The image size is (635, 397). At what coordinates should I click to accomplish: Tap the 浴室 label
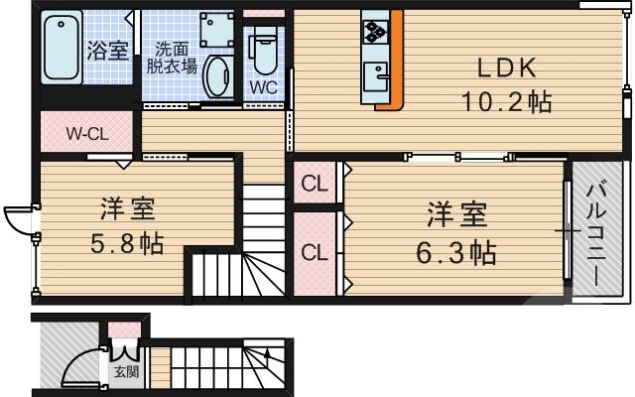point(108,51)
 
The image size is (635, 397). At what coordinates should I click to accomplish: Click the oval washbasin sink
point(217,74)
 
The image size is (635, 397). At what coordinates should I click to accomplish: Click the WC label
point(263,86)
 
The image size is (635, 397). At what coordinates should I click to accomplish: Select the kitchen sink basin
point(376,75)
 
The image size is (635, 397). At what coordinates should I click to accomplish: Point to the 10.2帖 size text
point(506,101)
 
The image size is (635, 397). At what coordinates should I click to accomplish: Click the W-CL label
point(87,132)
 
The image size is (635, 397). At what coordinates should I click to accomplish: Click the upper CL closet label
point(314,184)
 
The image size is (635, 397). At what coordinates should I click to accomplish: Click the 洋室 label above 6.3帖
point(455,214)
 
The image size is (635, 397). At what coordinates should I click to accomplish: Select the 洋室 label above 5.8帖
point(126,209)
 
